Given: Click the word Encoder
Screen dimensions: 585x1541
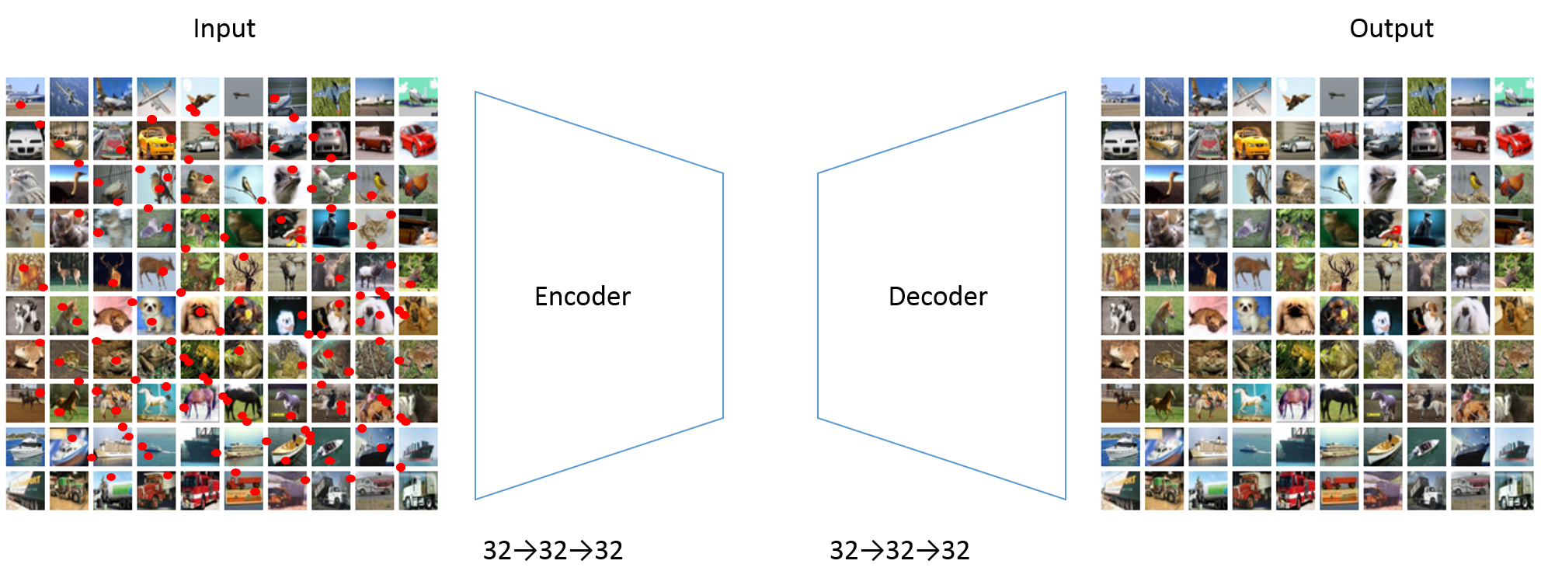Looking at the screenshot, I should click(583, 296).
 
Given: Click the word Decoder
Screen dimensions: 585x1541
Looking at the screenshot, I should click(937, 296).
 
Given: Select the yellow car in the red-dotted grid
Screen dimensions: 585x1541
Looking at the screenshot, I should click(156, 141).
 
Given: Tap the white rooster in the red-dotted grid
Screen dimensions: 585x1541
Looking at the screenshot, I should click(331, 184).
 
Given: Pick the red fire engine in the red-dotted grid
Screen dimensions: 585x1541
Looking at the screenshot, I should click(200, 490).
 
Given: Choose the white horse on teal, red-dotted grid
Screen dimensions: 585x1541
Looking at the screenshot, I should click(156, 402).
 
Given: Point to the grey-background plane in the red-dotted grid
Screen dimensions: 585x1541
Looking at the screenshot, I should click(244, 96).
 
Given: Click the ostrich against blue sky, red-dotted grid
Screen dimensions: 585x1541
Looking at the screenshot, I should click(69, 184).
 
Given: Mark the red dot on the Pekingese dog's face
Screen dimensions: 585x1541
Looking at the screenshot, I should click(200, 312).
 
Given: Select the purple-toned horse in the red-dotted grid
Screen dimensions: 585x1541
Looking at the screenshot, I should click(200, 402).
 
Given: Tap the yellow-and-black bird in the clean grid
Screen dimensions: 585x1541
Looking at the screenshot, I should click(1470, 184).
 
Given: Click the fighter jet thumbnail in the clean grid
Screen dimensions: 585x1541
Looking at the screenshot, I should click(1296, 96).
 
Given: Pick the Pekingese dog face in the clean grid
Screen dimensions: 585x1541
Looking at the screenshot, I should click(1296, 315).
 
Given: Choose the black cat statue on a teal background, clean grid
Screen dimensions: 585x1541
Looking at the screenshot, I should click(1427, 228).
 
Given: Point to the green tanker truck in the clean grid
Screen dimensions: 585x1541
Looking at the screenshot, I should click(1208, 490).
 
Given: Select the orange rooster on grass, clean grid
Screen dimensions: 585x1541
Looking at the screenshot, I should click(1514, 184).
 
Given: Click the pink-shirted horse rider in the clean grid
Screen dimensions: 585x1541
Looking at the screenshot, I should click(1470, 402).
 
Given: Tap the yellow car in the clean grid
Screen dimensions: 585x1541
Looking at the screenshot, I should click(1251, 141).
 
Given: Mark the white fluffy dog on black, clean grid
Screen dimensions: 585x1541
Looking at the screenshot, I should click(1383, 315).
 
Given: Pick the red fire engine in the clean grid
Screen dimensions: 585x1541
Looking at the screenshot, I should click(1296, 490).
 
